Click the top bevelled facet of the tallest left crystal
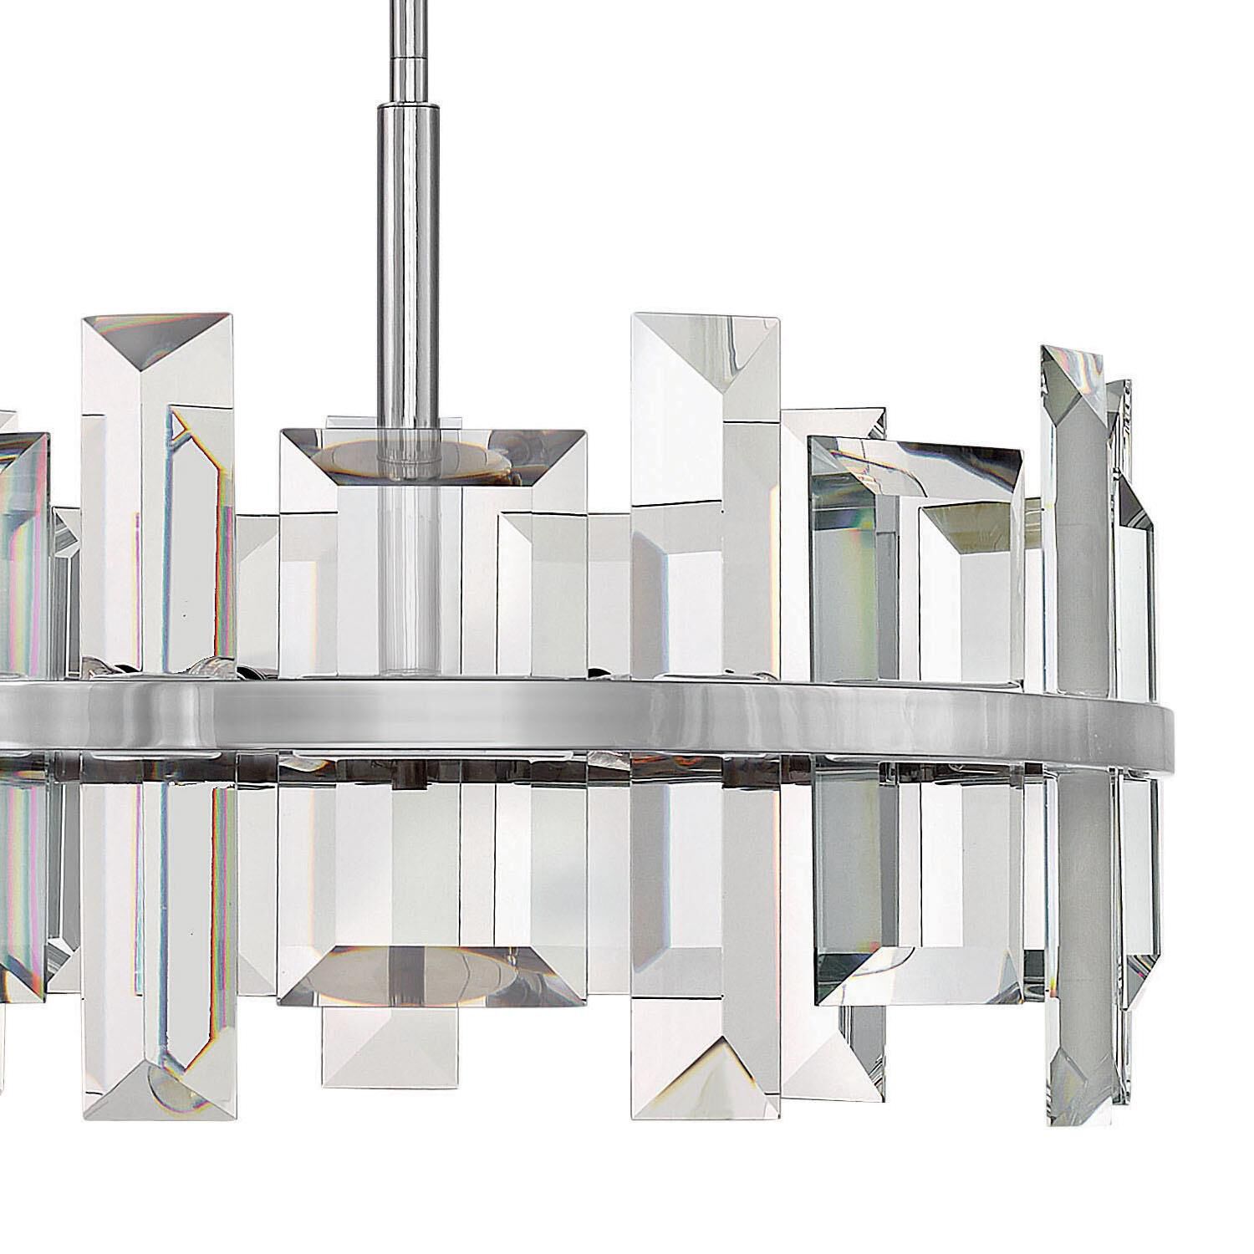click(156, 339)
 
